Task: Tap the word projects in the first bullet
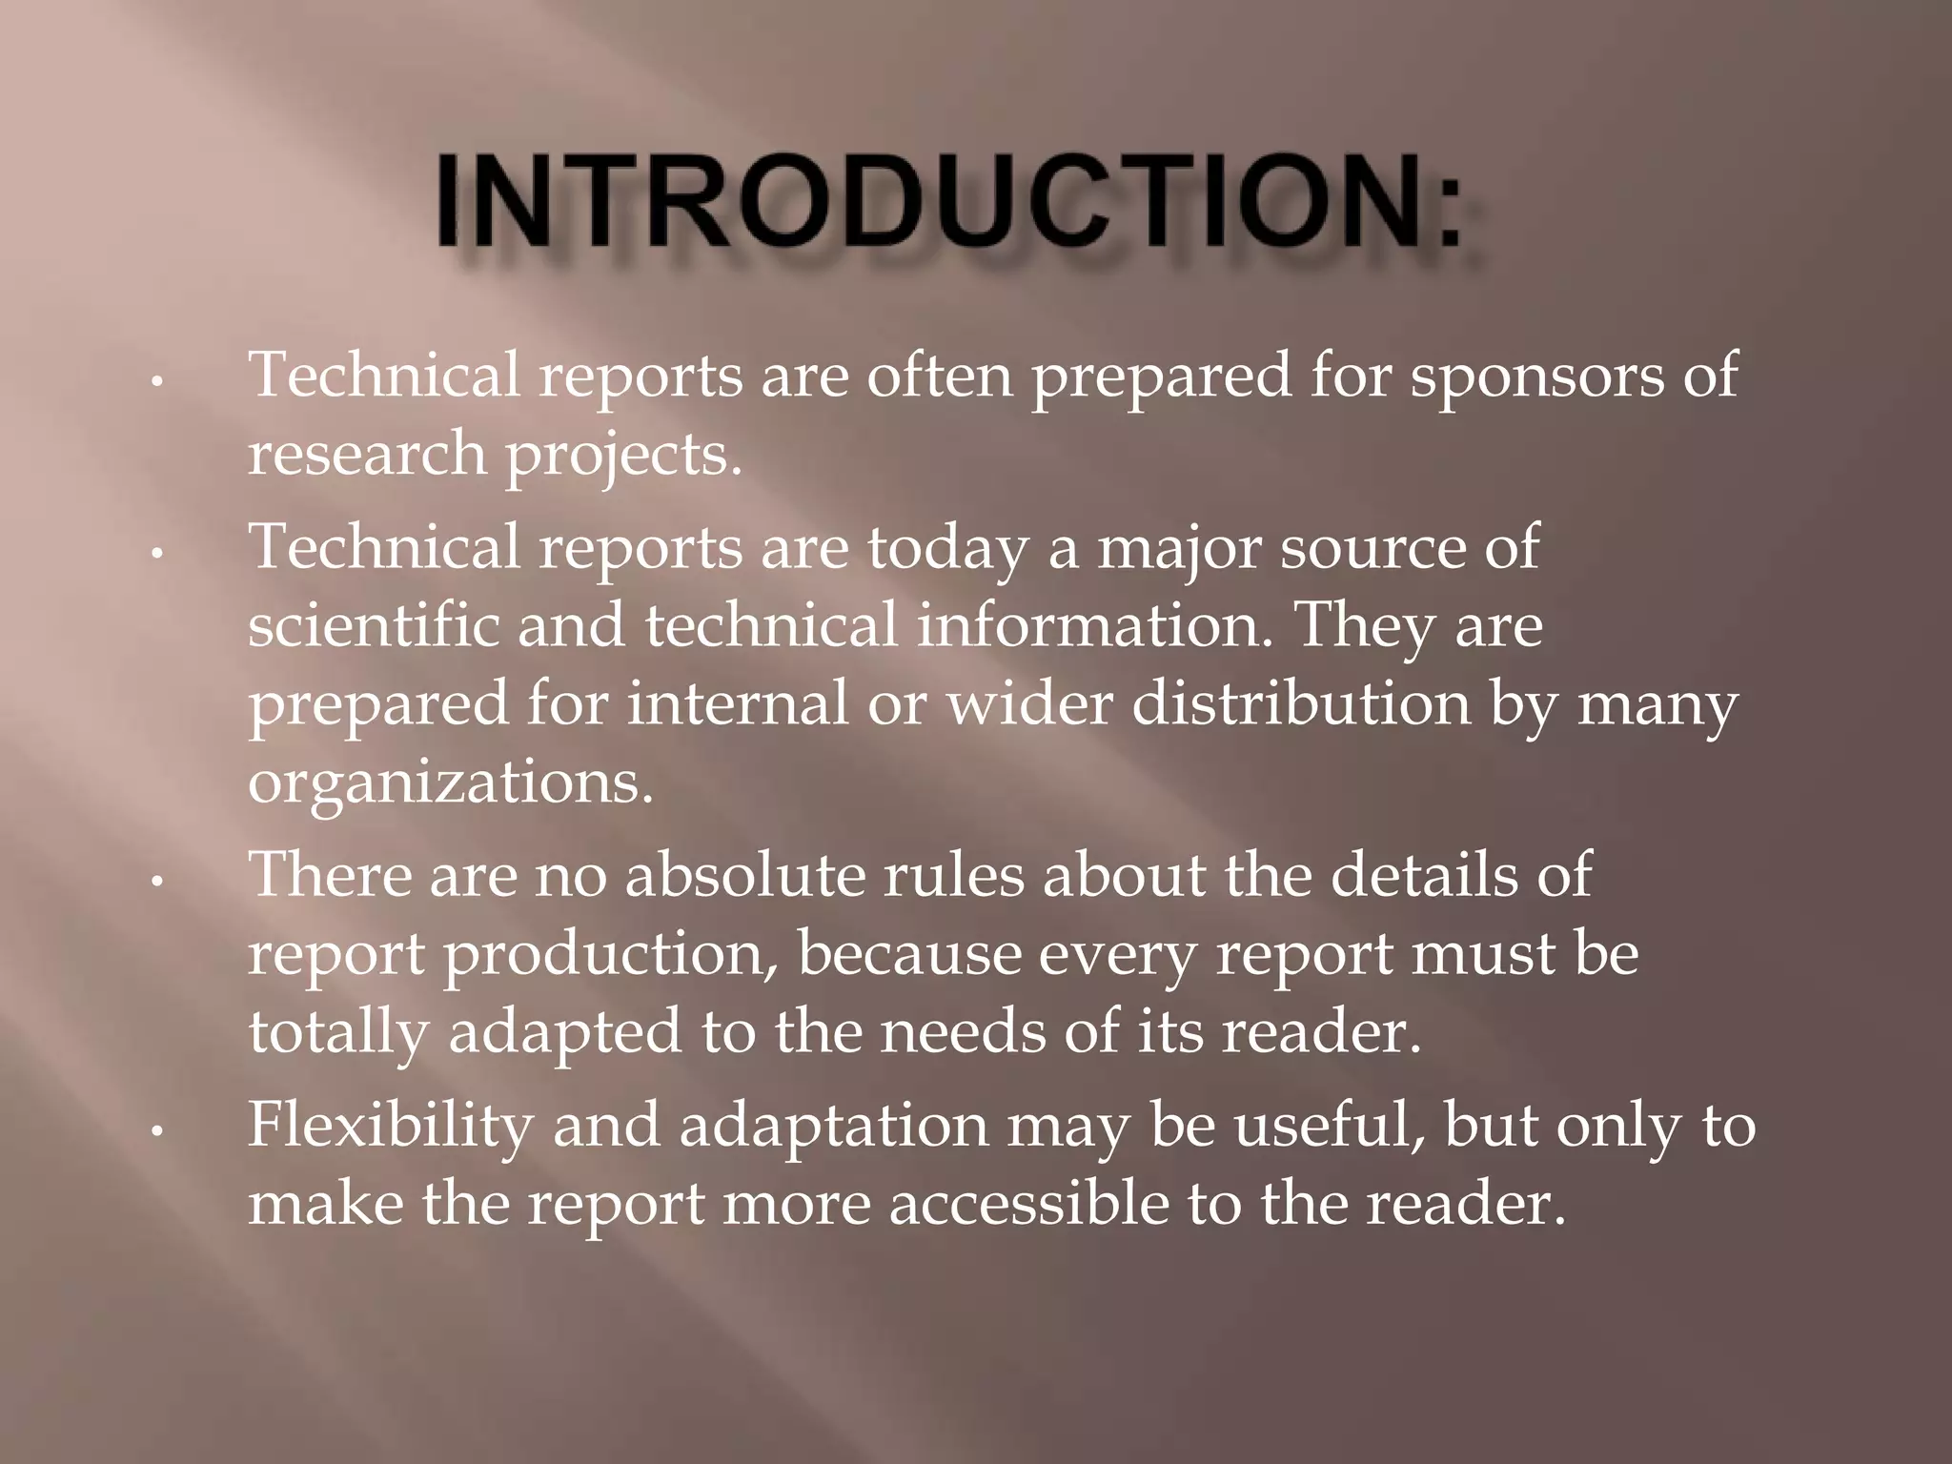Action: (x=622, y=456)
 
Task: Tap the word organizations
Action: (x=451, y=783)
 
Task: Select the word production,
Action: (x=612, y=953)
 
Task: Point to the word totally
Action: (x=338, y=1033)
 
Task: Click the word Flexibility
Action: (x=390, y=1125)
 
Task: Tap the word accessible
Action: (x=1028, y=1203)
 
